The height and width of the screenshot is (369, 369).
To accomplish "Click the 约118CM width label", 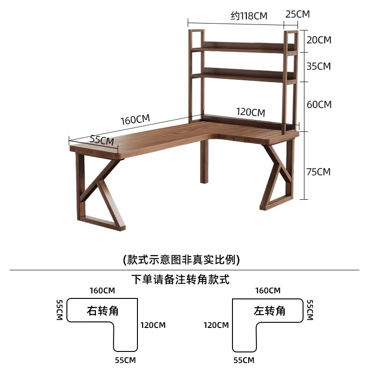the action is click(249, 16).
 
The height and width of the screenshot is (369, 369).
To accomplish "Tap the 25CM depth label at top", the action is click(298, 14).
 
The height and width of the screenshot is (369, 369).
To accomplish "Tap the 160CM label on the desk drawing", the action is click(135, 119).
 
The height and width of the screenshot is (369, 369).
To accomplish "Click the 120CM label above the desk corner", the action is click(250, 112).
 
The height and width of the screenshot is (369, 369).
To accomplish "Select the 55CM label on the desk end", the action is click(101, 140).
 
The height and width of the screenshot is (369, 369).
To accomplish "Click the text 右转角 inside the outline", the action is click(103, 310).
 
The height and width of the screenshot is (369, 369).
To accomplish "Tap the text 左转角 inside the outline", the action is click(269, 310).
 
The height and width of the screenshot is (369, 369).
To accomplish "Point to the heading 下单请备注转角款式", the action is click(180, 280).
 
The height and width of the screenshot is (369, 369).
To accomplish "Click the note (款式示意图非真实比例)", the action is click(181, 260).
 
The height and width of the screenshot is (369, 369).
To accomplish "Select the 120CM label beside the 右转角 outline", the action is click(153, 325).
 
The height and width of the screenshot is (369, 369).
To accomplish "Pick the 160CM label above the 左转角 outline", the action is click(268, 291).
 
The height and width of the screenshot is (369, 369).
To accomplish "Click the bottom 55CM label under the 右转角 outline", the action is click(125, 360).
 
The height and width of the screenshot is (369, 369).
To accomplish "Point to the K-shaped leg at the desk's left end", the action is click(98, 194).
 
